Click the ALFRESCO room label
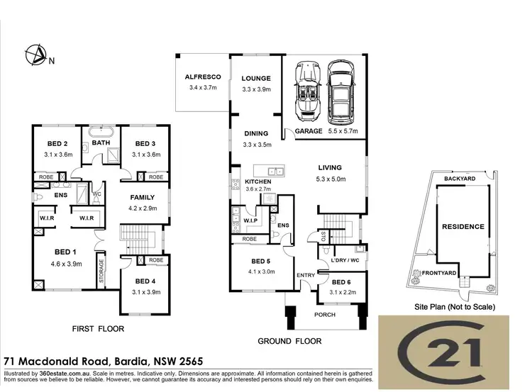point(204,77)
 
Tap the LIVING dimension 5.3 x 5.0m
point(331,179)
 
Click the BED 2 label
point(58,142)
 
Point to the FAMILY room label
point(143,198)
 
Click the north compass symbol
point(34,54)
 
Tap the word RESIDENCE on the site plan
point(463,227)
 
